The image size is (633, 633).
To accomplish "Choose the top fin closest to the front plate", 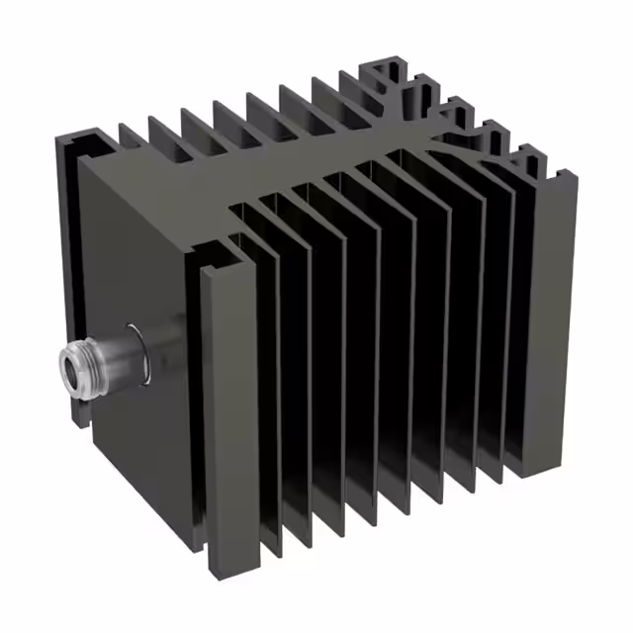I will click(x=134, y=138).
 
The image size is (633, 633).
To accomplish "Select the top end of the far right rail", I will click(x=566, y=178).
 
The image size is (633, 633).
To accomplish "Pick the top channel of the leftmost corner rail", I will click(x=84, y=143).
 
